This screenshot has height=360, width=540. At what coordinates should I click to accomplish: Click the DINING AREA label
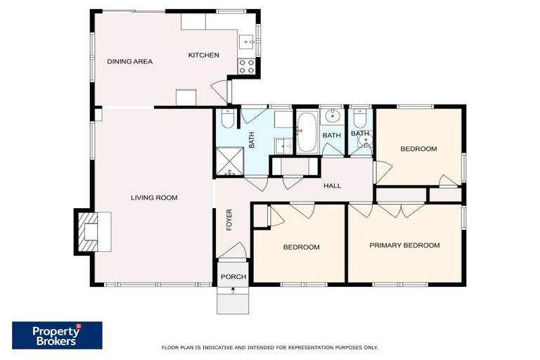point(129,61)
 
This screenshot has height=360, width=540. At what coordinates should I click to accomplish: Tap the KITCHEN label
point(203,55)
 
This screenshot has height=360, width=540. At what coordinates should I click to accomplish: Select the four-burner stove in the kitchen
point(247,66)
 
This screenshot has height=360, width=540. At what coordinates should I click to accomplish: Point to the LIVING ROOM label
point(154,198)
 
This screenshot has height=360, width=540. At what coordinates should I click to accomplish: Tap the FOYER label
point(229,220)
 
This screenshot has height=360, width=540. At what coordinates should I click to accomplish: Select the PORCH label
point(233,276)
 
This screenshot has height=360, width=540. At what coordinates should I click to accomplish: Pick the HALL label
point(332,186)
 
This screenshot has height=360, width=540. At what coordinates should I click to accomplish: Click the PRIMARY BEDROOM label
point(404,245)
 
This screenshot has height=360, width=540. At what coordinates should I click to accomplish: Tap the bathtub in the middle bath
point(307,134)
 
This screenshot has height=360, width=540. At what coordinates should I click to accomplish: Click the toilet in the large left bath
point(229,117)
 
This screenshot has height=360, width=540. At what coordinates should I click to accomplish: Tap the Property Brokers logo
point(57,335)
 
